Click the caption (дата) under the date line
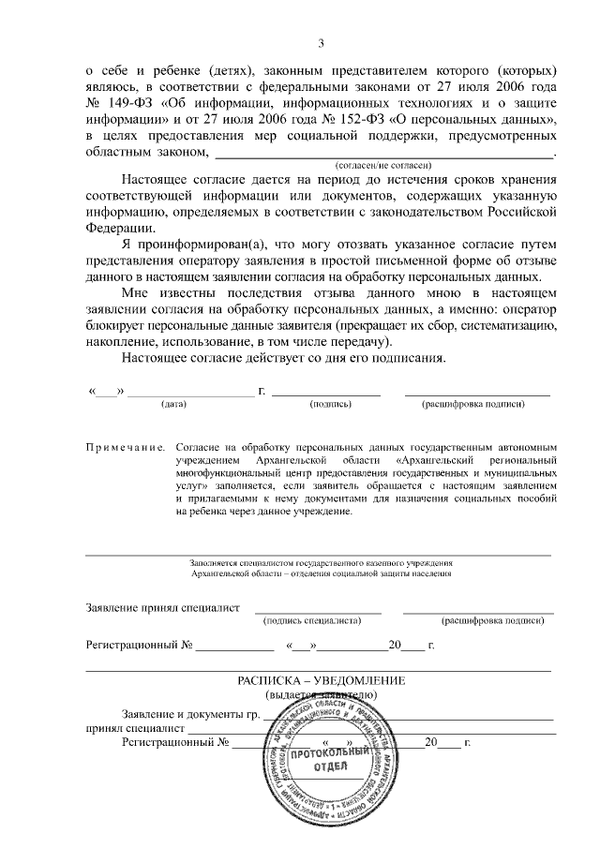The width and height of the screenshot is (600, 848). point(174,404)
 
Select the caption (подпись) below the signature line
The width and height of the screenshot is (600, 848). point(330,404)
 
